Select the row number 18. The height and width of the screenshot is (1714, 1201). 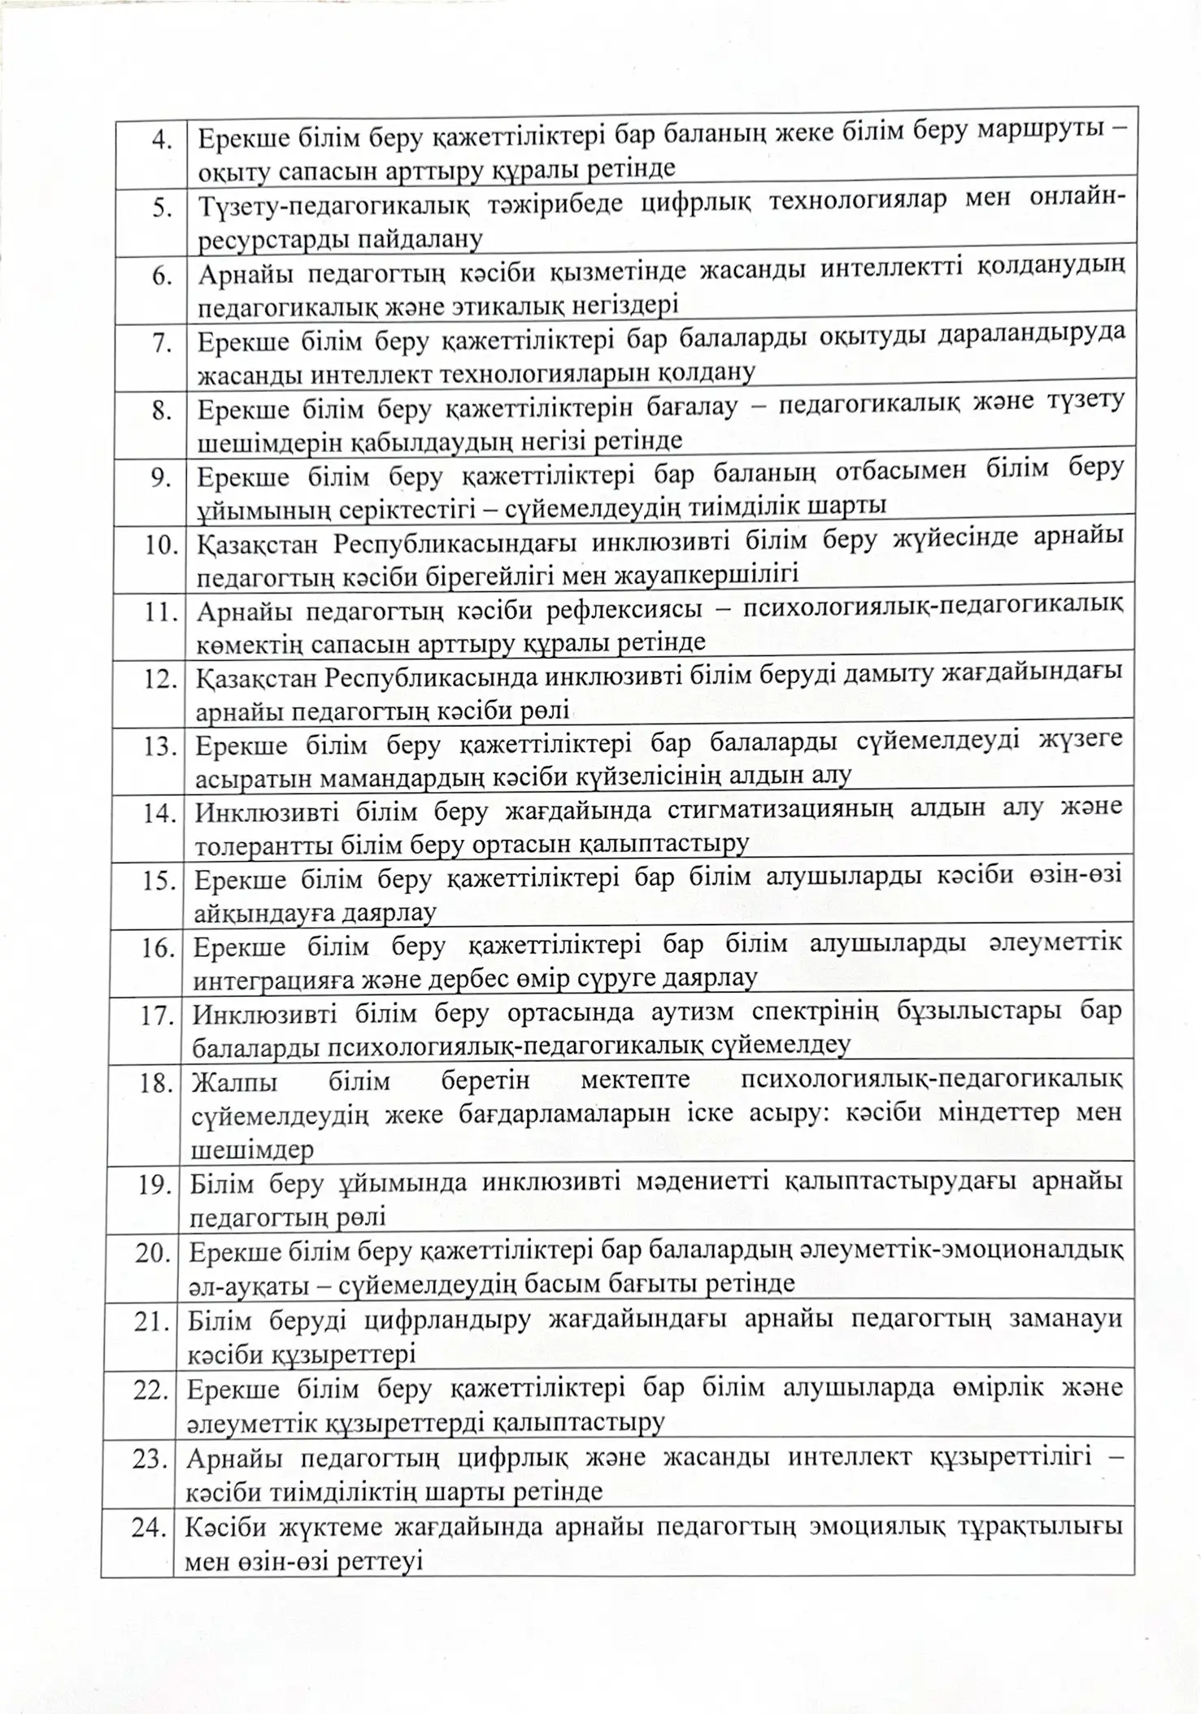click(154, 1083)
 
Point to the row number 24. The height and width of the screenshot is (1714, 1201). click(150, 1529)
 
